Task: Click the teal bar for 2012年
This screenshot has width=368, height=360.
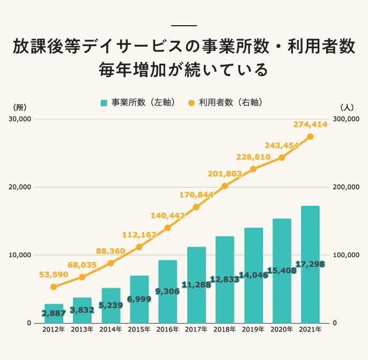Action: click(54, 313)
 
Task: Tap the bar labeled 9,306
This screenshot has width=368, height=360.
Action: click(167, 291)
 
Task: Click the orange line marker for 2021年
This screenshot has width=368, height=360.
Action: click(310, 137)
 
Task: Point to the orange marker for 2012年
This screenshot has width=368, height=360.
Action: click(54, 287)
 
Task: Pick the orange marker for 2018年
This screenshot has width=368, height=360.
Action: click(225, 186)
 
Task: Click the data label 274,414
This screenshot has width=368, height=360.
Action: click(311, 124)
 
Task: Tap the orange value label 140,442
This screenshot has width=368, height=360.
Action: click(167, 215)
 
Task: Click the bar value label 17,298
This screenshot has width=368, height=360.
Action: click(310, 265)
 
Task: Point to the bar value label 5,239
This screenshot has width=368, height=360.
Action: click(111, 305)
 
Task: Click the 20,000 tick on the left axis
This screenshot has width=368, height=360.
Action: click(19, 187)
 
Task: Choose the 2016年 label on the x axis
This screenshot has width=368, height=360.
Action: click(167, 331)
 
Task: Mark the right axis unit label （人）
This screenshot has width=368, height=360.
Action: click(347, 107)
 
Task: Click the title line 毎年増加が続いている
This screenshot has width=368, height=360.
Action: click(183, 70)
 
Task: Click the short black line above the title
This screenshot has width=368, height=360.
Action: click(183, 26)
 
